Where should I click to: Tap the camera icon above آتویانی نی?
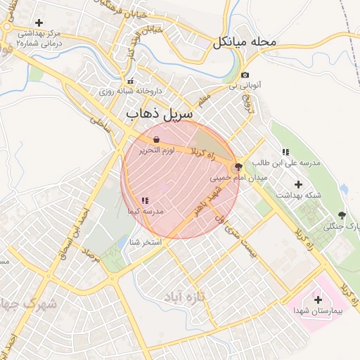coord(245,75)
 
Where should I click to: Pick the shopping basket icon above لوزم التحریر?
coord(155,139)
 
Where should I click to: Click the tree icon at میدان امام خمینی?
coord(238,167)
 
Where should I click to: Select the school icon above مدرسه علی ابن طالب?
coord(285,152)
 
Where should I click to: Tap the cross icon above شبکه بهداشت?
coord(299,184)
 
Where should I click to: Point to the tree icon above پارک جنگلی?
coord(342,215)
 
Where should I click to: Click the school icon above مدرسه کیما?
coord(145,200)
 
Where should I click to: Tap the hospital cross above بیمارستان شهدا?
coord(318,300)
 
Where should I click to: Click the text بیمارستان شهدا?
coord(317,310)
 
